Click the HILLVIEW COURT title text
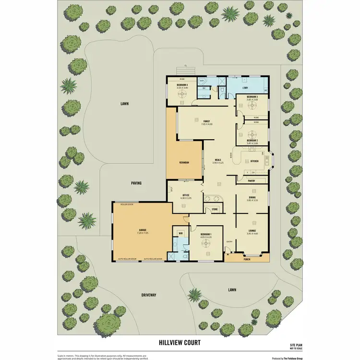pyautogui.click(x=180, y=343)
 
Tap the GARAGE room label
pyautogui.click(x=142, y=230)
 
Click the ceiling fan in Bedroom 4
pyautogui.click(x=182, y=95)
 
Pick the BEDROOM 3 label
pyautogui.click(x=252, y=97)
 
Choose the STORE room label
pyautogui.click(x=215, y=209)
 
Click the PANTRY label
pyautogui.click(x=251, y=181)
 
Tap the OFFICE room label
pyautogui.click(x=186, y=195)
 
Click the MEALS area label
pyautogui.click(x=218, y=160)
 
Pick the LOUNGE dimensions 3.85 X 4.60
pyautogui.click(x=252, y=234)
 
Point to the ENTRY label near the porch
pyautogui.click(x=229, y=241)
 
